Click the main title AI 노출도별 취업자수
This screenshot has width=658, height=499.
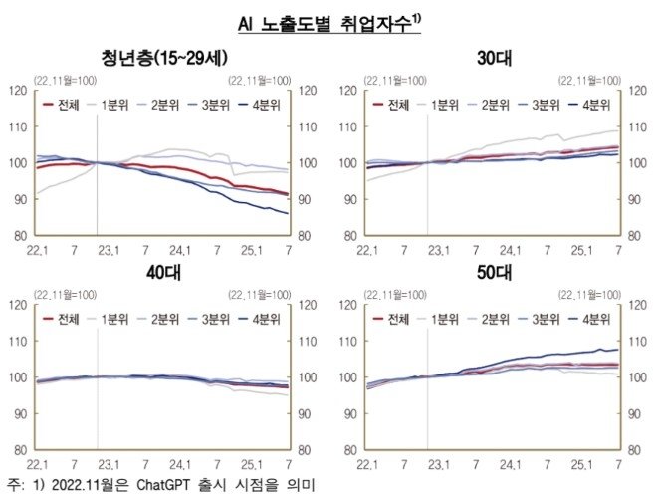point(329,21)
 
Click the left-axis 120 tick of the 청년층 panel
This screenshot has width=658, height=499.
point(17,91)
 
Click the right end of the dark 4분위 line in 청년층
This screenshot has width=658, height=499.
point(288,213)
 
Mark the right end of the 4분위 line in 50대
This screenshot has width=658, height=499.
point(618,350)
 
